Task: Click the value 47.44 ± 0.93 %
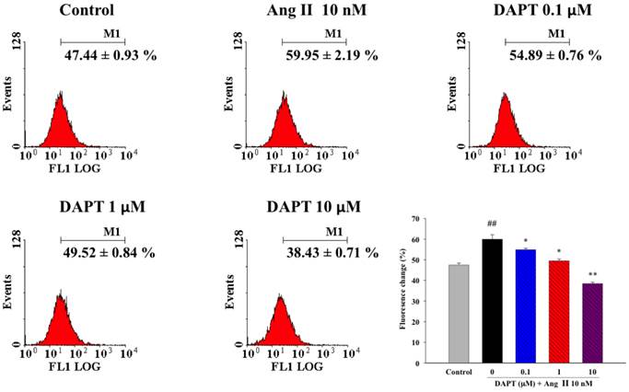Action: point(96,55)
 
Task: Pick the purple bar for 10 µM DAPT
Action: point(587,323)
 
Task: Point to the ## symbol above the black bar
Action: point(495,225)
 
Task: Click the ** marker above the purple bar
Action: point(587,273)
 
